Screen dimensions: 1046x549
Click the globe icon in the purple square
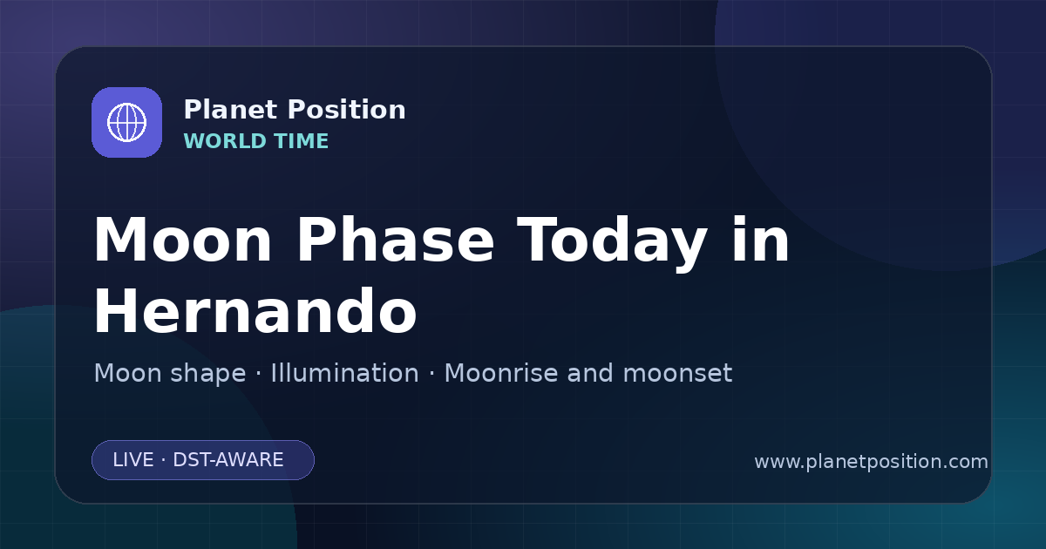tap(126, 122)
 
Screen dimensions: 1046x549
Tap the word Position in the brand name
tap(347, 110)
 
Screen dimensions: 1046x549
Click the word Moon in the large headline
tap(182, 240)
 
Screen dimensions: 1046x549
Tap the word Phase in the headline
tap(395, 240)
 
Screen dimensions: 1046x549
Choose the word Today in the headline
tap(612, 243)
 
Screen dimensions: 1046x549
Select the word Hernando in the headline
tap(255, 311)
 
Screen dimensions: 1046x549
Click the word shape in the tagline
tap(207, 375)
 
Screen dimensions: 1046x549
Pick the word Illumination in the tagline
tap(344, 373)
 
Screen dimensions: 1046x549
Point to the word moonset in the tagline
tap(677, 374)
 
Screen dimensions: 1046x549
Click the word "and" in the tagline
tap(590, 373)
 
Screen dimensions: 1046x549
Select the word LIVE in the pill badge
tap(133, 460)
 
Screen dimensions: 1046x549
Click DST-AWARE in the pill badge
tap(228, 460)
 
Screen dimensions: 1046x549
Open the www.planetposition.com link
tap(871, 462)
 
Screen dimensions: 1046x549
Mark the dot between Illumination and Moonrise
tap(431, 374)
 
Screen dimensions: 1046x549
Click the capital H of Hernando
tap(115, 311)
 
